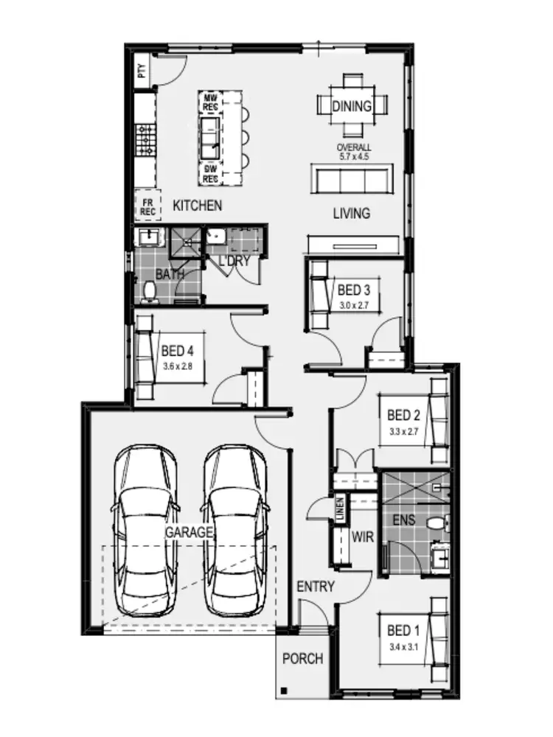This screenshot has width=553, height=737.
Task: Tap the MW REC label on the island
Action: tap(211, 102)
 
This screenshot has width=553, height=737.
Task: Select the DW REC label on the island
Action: tap(211, 174)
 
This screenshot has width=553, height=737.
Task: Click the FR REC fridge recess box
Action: tap(148, 206)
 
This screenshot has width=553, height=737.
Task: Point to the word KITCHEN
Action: tap(197, 206)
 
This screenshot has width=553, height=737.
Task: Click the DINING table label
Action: tap(352, 106)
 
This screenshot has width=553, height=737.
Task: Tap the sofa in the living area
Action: tap(352, 178)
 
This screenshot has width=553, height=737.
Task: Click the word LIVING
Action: tap(351, 214)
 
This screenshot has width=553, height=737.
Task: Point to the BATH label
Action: tap(169, 274)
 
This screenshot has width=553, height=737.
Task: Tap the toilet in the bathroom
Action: tap(150, 291)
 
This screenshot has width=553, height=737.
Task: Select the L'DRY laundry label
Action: tap(234, 261)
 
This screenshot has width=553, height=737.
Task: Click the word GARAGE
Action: tap(189, 531)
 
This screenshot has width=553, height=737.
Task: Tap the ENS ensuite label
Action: tap(404, 520)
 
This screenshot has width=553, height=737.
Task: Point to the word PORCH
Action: tap(303, 658)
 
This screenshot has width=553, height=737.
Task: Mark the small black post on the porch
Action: tap(283, 691)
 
